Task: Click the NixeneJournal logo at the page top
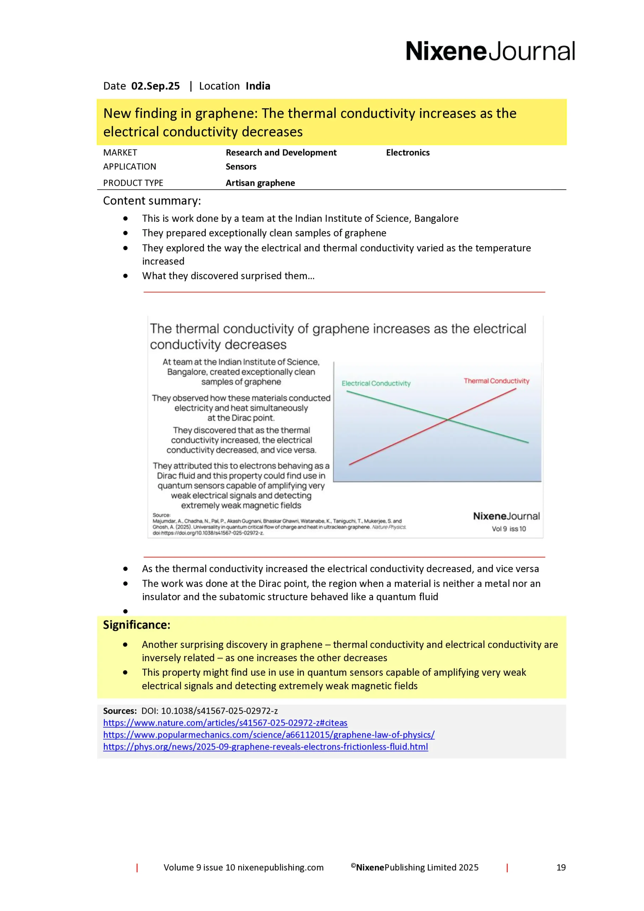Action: pos(490,51)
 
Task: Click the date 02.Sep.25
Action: pos(155,86)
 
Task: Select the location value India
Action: pos(258,86)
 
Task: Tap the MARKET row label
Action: pos(120,153)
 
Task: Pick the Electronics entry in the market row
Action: pos(407,153)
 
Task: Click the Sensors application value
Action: pos(241,167)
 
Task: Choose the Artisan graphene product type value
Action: pos(260,183)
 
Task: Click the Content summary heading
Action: pos(152,201)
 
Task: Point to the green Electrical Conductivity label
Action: pos(376,383)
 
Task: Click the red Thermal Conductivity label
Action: pos(496,381)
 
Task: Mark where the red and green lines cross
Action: pos(447,420)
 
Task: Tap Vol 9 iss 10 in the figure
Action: pos(508,529)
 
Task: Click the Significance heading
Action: pos(136,625)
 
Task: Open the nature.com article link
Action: pos(225,723)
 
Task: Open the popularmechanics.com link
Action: pos(268,735)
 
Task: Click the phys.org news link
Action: pos(265,747)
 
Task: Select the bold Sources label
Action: pos(120,711)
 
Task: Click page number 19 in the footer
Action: pos(561,868)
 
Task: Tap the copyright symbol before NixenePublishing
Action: pos(353,866)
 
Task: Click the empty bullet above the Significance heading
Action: pos(125,611)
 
